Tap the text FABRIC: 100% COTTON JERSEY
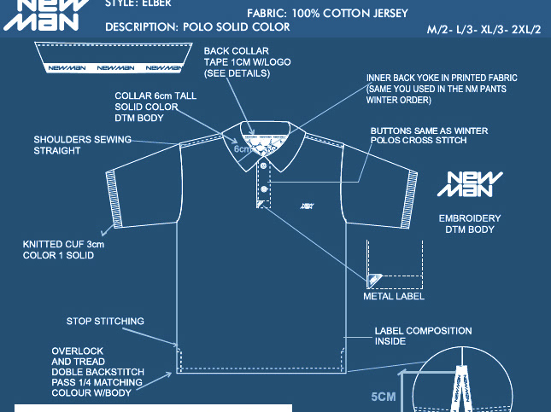(327, 14)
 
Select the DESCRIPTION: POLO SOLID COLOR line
(197, 27)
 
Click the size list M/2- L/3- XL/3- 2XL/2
(484, 30)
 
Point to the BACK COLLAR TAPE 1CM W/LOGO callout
(237, 62)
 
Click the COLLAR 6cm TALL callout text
(155, 107)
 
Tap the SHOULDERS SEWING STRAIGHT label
(82, 145)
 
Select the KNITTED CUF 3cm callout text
(63, 250)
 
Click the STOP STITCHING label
(105, 322)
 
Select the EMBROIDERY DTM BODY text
(469, 223)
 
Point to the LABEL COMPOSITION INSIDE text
(423, 336)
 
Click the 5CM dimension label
(384, 397)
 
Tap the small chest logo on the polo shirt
(306, 205)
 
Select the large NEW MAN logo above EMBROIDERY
(476, 187)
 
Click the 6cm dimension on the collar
(243, 149)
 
